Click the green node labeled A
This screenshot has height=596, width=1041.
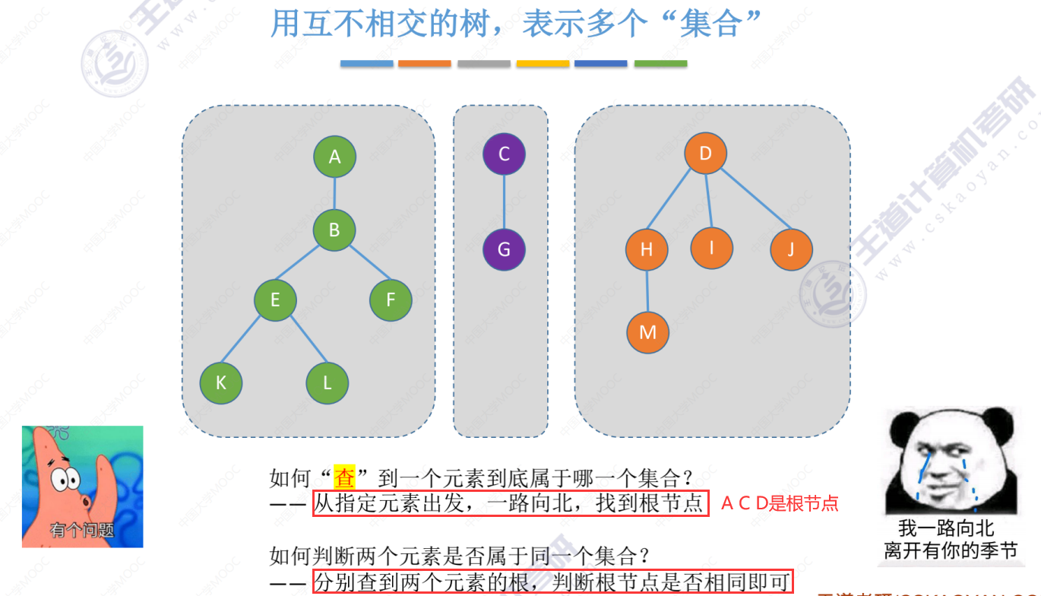pyautogui.click(x=334, y=157)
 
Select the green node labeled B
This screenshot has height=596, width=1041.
pyautogui.click(x=334, y=229)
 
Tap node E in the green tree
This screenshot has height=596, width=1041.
pyautogui.click(x=275, y=300)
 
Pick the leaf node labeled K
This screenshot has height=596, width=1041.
pyautogui.click(x=220, y=382)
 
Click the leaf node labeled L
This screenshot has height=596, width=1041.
pyautogui.click(x=327, y=382)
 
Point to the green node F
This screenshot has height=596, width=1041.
pyautogui.click(x=391, y=300)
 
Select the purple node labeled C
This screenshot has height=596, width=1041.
pyautogui.click(x=504, y=154)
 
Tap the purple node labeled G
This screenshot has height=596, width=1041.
pyautogui.click(x=504, y=249)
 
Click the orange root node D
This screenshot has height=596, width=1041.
pyautogui.click(x=705, y=154)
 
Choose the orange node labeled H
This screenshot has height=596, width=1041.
pyautogui.click(x=647, y=249)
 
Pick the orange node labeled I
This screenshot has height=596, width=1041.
pyautogui.click(x=712, y=247)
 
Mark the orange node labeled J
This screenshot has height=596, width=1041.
pyautogui.click(x=791, y=249)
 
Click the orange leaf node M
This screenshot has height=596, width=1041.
pyautogui.click(x=647, y=332)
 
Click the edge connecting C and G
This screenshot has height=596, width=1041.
pyautogui.click(x=504, y=201)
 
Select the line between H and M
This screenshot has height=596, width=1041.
pyautogui.click(x=647, y=291)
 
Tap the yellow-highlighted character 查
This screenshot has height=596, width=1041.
pyautogui.click(x=344, y=478)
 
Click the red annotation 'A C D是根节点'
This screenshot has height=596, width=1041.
pyautogui.click(x=779, y=503)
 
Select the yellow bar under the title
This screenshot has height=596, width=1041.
pyautogui.click(x=543, y=64)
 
